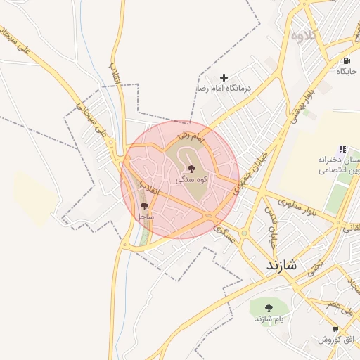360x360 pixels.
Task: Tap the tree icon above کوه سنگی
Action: (191, 169)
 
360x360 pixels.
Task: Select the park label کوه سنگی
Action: (191, 179)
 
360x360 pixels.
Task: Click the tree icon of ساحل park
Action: (144, 207)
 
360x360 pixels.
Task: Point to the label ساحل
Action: (144, 217)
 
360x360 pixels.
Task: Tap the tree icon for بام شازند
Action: (269, 307)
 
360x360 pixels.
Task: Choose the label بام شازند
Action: (269, 319)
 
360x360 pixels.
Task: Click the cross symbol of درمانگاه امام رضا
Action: (224, 77)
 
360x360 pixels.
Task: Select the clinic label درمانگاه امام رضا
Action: (224, 89)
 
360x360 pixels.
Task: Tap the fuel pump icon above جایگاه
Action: (347, 60)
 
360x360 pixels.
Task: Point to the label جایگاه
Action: (347, 71)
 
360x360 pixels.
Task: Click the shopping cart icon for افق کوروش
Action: (335, 328)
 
